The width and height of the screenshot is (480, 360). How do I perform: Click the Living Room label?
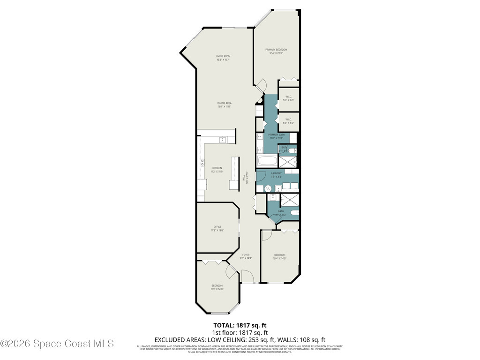[x=223, y=58]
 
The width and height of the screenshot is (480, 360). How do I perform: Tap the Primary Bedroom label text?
[x=276, y=51]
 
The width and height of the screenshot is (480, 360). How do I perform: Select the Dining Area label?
[x=225, y=105]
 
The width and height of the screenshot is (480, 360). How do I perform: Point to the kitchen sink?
[x=223, y=139]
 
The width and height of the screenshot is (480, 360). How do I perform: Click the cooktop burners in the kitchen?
[x=202, y=162]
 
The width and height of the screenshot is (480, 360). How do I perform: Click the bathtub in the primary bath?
[x=268, y=162]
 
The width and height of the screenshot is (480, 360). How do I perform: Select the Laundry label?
[x=276, y=175]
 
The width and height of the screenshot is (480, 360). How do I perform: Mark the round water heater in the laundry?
[x=267, y=188]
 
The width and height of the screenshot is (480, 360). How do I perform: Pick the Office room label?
[x=217, y=228]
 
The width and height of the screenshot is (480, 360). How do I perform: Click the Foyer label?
[x=246, y=256]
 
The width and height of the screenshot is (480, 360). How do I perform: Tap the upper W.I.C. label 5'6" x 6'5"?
[x=288, y=98]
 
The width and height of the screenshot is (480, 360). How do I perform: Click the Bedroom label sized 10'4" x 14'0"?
[x=279, y=256]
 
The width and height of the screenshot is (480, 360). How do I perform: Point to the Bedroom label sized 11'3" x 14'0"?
[x=217, y=287]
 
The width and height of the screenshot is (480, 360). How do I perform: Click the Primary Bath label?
[x=276, y=136]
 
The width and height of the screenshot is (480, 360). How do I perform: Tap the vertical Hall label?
[x=244, y=178]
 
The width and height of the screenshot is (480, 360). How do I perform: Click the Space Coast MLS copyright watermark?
[x=57, y=344]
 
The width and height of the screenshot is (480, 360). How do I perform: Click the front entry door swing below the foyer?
[x=247, y=277]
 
